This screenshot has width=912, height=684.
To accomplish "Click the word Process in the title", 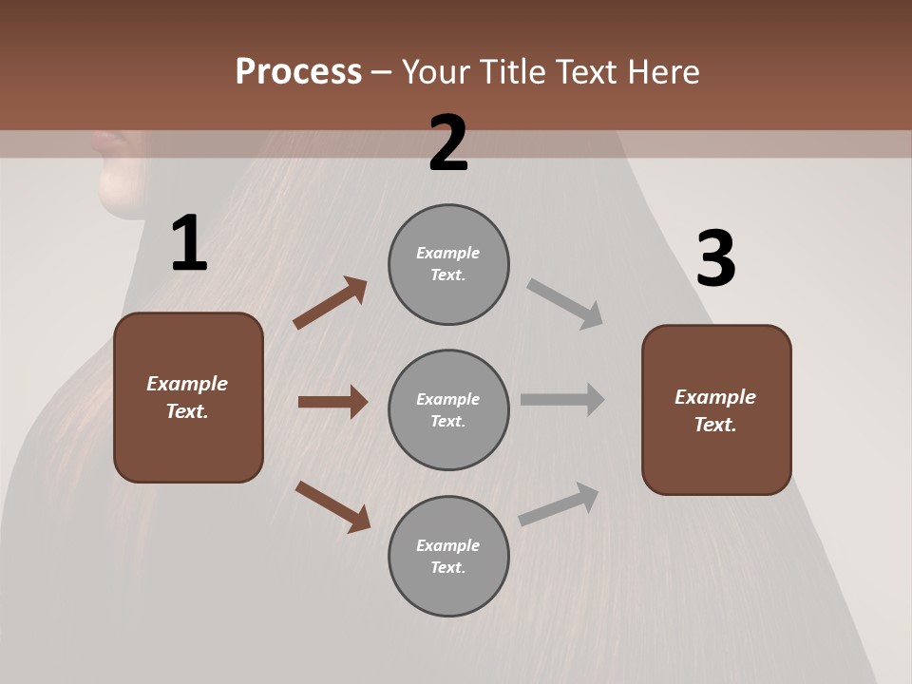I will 298,72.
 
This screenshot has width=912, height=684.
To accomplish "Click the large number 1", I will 189,244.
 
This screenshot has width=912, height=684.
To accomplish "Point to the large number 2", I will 448,143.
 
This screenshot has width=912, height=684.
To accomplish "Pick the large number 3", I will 715,259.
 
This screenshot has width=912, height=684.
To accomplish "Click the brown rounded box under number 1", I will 188,397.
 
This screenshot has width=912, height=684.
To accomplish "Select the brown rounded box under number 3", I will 716,410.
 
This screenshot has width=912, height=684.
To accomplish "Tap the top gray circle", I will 448,264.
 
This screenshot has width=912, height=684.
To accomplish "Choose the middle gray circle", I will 448,410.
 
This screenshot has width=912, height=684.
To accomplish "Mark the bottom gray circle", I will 448,557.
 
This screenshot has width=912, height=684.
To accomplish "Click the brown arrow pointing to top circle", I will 330,303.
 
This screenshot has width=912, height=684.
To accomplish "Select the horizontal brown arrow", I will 332,402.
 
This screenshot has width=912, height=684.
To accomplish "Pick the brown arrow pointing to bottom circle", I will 332,506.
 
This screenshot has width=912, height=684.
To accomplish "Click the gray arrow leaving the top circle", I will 564,303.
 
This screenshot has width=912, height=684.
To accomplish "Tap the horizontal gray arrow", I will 562,400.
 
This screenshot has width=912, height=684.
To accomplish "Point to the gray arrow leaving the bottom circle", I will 559,504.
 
